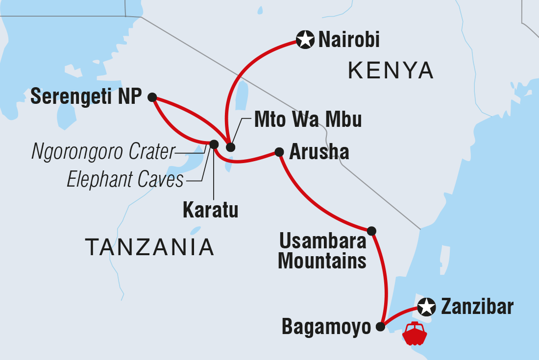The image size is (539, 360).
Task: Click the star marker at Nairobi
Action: [x=305, y=40]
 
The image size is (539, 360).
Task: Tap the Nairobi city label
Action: [x=349, y=40]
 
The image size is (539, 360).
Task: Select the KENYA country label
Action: [x=391, y=71]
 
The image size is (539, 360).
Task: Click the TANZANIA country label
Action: [x=150, y=247]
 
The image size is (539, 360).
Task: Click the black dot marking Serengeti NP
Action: [x=152, y=97]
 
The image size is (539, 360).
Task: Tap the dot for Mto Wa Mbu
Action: [x=230, y=147]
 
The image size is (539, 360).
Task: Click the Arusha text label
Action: [x=319, y=152]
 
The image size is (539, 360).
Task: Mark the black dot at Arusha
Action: [x=279, y=152]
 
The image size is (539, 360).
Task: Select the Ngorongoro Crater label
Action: [x=103, y=153]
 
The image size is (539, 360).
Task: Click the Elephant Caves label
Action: [x=125, y=180]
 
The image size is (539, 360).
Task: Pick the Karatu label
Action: [x=210, y=211]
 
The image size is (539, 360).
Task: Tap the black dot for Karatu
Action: [x=214, y=144]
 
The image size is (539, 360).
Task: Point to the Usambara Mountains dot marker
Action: [x=371, y=230]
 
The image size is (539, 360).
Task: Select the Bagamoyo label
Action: [x=326, y=328]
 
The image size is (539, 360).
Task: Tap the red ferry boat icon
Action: [x=415, y=334]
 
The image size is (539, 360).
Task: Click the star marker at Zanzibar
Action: [x=427, y=307]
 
